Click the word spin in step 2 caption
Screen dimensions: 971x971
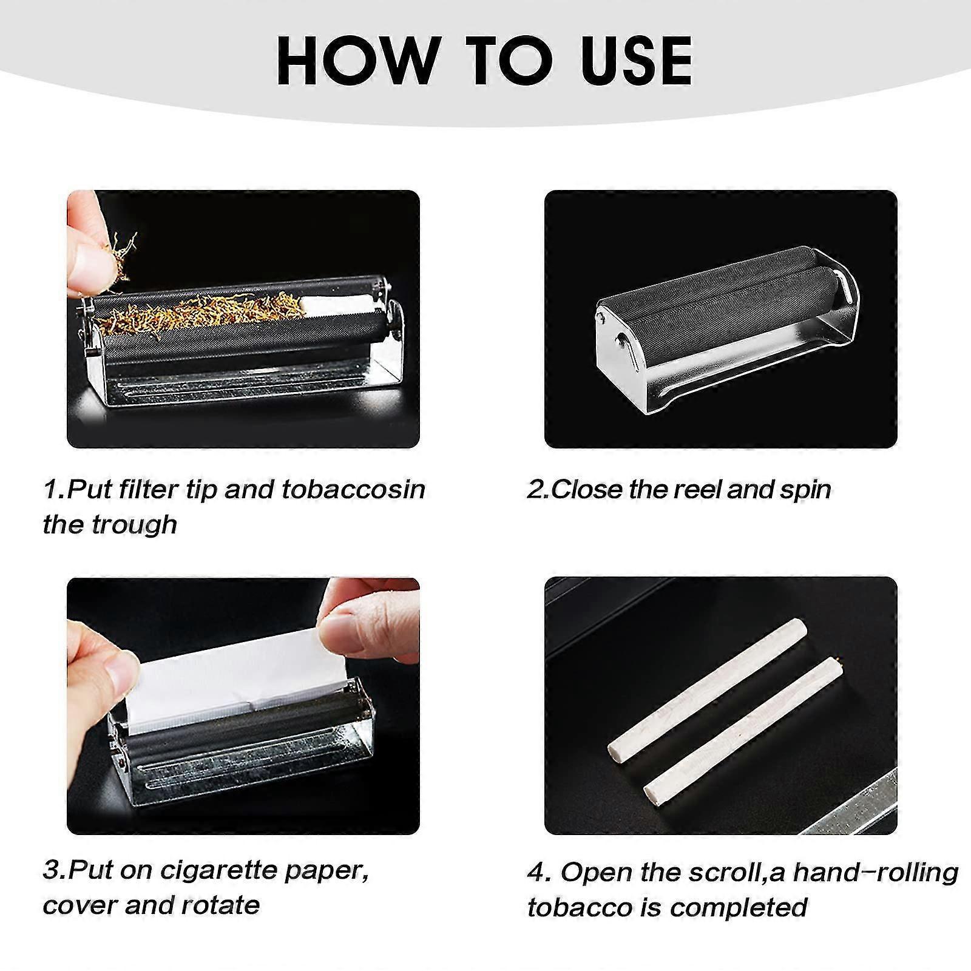click(x=805, y=489)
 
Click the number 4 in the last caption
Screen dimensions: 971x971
click(x=536, y=873)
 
